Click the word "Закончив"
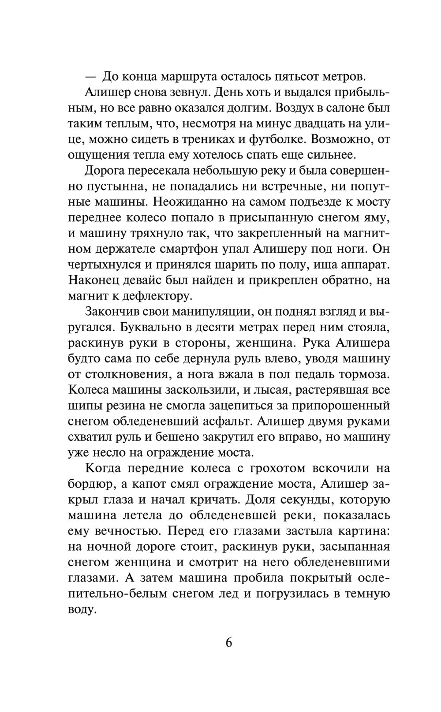pos(110,312)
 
